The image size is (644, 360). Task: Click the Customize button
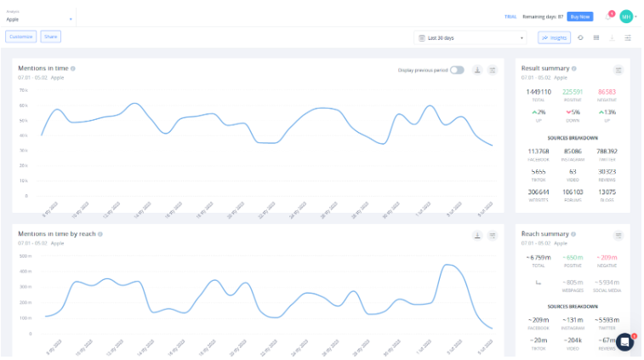click(x=20, y=37)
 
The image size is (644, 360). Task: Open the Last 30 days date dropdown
click(x=470, y=37)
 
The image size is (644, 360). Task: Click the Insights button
click(x=555, y=37)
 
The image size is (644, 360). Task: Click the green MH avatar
click(x=626, y=16)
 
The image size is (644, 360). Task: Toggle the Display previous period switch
click(x=457, y=70)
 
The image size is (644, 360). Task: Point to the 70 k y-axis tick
click(x=25, y=89)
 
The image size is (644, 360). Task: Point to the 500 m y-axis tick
click(x=25, y=255)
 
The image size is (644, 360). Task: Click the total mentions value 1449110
click(x=538, y=92)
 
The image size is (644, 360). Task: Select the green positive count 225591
click(x=573, y=92)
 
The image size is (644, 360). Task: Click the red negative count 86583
click(x=607, y=92)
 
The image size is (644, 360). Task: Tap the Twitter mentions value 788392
click(x=607, y=151)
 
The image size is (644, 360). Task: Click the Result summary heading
click(x=545, y=68)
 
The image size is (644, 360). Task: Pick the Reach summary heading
click(x=545, y=233)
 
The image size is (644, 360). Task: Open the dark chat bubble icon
click(x=625, y=341)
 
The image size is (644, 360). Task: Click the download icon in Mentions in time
click(x=477, y=70)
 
